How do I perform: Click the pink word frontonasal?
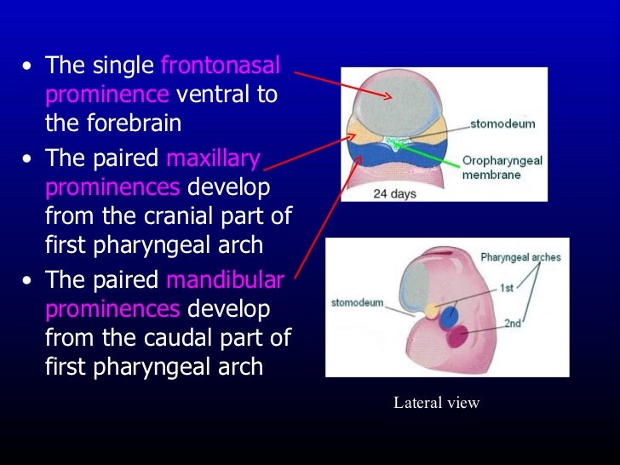point(221,66)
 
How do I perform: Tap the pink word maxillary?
point(214,159)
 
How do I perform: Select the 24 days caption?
point(394,193)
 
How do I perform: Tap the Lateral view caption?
point(436,403)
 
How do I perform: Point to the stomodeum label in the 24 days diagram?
point(503,123)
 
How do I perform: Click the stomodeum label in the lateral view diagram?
point(356,301)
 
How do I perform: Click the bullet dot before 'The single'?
point(31,66)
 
